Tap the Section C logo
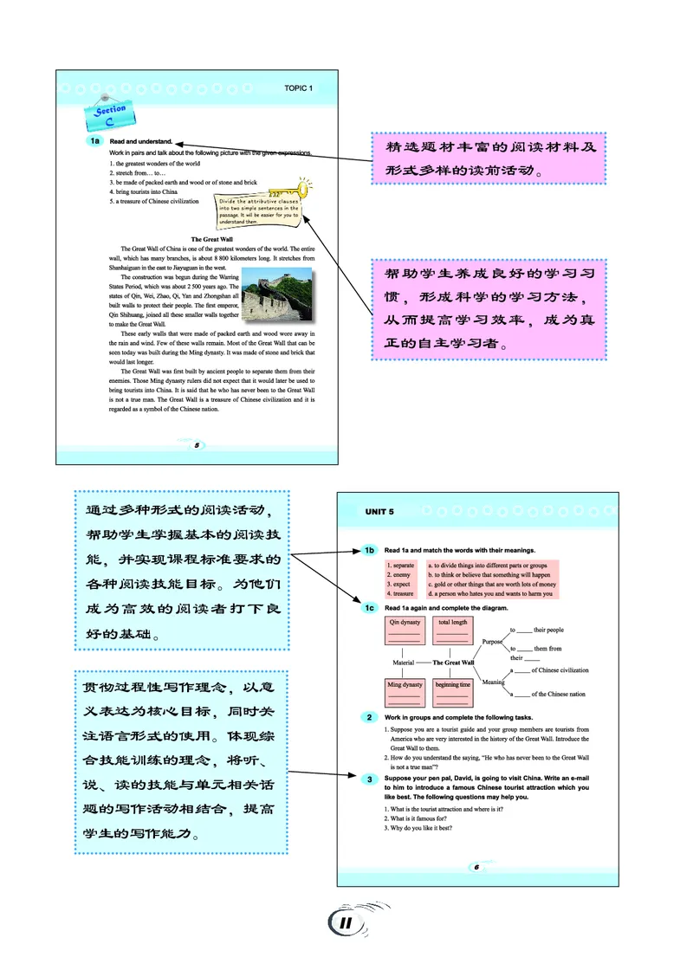(x=111, y=114)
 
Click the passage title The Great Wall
(x=214, y=238)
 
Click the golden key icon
(x=293, y=189)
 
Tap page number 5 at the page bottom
(x=198, y=445)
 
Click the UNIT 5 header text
(x=379, y=511)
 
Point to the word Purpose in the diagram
(x=492, y=642)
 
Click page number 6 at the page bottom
(x=476, y=867)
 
